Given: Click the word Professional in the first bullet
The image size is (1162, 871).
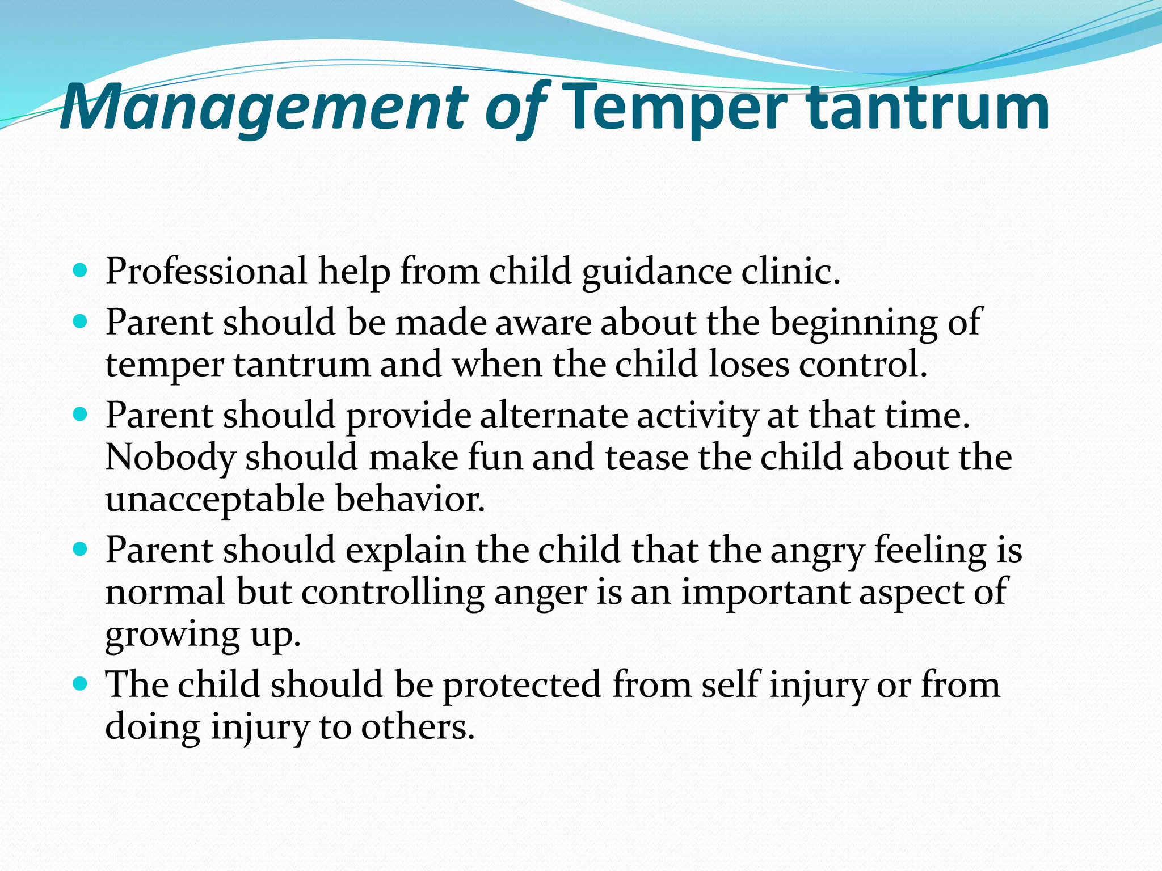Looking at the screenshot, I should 206,271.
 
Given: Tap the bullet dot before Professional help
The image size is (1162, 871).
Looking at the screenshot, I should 81,269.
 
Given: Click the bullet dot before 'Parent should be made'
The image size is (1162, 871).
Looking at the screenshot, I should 81,321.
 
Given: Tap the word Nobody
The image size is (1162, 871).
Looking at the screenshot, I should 170,457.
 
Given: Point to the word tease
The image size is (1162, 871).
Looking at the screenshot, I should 646,457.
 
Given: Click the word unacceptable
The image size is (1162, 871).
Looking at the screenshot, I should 215,500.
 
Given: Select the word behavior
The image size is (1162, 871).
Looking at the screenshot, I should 410,499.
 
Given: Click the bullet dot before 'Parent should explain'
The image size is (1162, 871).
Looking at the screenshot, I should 81,548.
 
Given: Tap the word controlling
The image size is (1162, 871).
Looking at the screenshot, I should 392,593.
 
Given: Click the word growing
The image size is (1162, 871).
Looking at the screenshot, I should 172,636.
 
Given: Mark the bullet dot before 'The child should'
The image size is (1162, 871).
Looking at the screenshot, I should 81,683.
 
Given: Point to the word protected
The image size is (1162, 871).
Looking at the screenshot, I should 521,685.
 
